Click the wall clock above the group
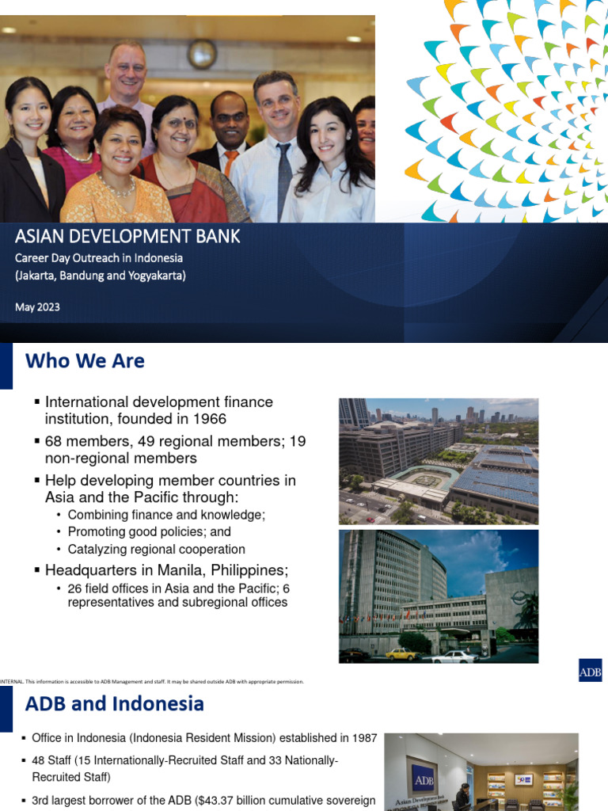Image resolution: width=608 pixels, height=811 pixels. click(x=202, y=53)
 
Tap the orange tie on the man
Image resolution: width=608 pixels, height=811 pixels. click(x=230, y=163)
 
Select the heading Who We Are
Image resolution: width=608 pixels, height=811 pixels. click(x=85, y=361)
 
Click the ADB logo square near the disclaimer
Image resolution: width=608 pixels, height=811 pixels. click(x=590, y=671)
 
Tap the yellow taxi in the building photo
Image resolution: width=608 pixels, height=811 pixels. click(x=403, y=653)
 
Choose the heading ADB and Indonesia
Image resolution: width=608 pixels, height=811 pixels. click(x=115, y=703)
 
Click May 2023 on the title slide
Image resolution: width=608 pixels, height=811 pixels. click(x=37, y=307)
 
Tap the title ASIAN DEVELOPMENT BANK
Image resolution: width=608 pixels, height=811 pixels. click(x=127, y=236)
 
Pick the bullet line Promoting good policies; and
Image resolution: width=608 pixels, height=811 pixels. click(x=149, y=532)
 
